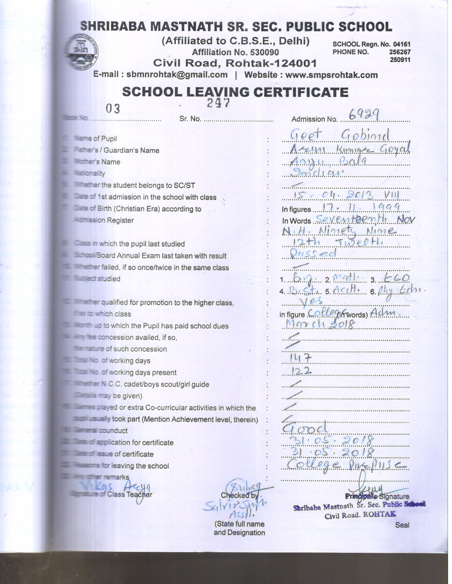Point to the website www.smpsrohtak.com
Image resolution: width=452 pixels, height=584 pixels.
331,75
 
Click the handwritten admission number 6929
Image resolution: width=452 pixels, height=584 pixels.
364,114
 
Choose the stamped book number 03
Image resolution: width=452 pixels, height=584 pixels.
113,109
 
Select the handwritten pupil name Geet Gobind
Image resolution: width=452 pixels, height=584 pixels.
340,135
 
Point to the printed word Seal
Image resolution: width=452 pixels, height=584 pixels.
402,525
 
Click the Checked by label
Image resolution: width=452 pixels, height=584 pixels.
240,495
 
